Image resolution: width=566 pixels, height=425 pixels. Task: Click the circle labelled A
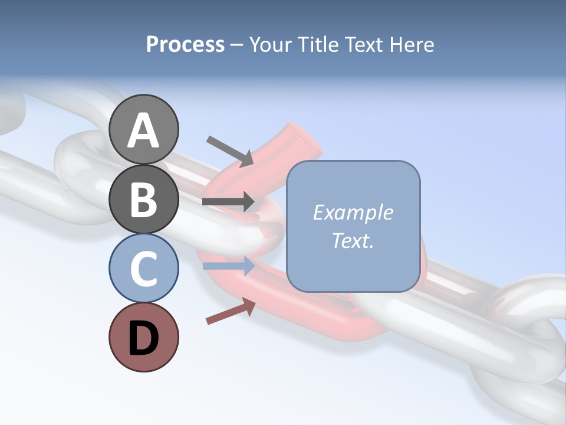[143, 129]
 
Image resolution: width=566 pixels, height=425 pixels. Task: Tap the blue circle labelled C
[143, 268]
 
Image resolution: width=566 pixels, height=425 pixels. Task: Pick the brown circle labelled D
[143, 337]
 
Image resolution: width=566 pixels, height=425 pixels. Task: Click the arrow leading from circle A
[230, 151]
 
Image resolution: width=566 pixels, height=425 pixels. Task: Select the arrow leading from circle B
[228, 202]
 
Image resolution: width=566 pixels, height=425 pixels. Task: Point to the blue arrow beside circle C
[228, 266]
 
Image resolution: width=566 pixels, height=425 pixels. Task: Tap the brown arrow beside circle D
[231, 311]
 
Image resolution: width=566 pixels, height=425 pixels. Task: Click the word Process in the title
[185, 45]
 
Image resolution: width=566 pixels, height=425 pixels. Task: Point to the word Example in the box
[353, 212]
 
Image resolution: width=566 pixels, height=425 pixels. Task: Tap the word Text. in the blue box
[353, 240]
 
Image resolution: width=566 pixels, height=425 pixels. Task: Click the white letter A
[143, 130]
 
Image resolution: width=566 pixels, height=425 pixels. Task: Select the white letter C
[143, 269]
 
